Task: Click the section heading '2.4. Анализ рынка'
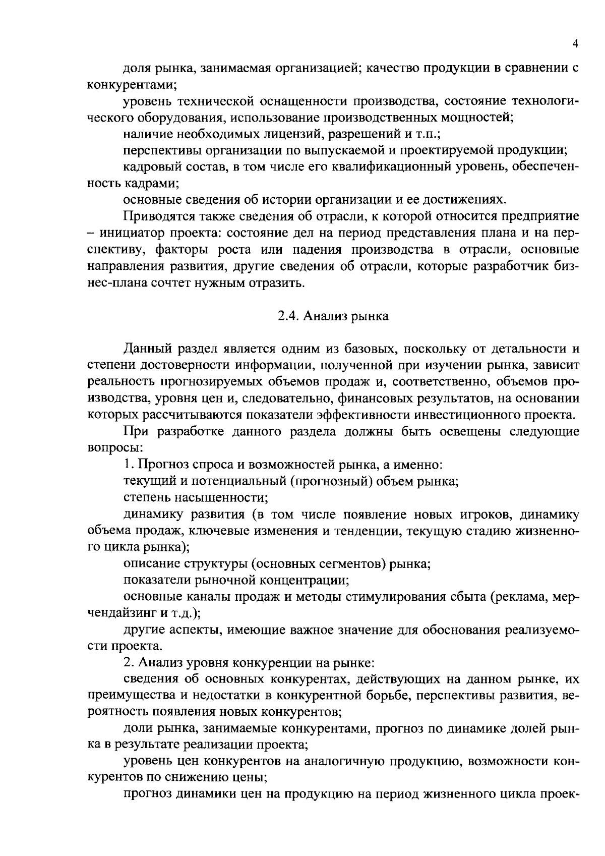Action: point(333,316)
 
